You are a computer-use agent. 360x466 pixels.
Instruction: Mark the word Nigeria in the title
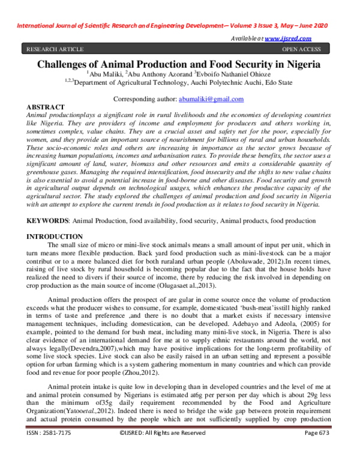(298, 64)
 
